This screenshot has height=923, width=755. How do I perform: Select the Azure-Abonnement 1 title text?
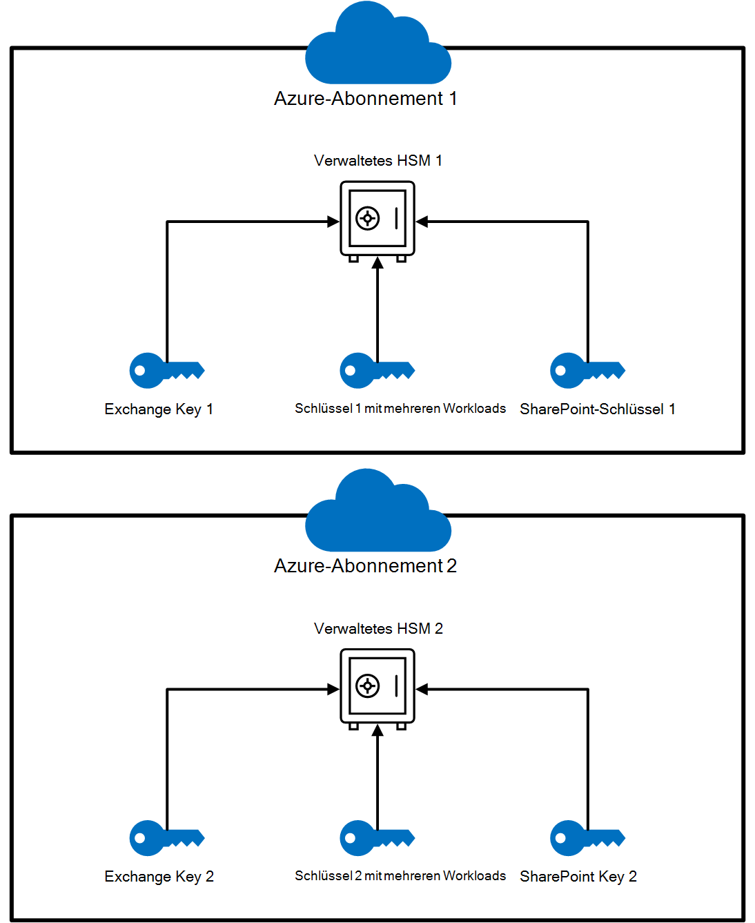[365, 99]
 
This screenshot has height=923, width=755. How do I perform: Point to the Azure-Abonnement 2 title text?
[365, 566]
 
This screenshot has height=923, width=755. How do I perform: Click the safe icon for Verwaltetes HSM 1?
[377, 220]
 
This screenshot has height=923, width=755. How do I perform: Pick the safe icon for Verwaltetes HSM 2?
[377, 687]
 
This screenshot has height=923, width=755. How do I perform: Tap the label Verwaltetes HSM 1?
[377, 161]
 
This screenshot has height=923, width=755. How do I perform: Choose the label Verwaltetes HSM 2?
[377, 629]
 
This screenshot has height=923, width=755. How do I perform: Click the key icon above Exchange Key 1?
[166, 371]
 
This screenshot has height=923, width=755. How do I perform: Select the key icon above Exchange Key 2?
[166, 838]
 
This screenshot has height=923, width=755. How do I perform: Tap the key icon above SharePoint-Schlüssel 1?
[587, 371]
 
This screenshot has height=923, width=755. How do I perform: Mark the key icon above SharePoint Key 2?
[587, 838]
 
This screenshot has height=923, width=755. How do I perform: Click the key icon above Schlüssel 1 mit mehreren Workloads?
[376, 371]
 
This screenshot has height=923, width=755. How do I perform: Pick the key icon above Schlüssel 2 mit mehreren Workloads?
[376, 838]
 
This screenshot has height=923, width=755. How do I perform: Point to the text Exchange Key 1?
[159, 409]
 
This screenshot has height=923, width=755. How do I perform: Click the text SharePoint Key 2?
[578, 877]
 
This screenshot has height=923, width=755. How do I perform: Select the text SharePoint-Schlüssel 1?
[597, 409]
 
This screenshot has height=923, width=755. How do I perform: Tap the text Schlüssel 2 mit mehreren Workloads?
[400, 876]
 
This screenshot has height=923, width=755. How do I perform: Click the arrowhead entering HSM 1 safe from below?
[377, 263]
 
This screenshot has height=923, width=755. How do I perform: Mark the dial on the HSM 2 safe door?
[367, 686]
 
